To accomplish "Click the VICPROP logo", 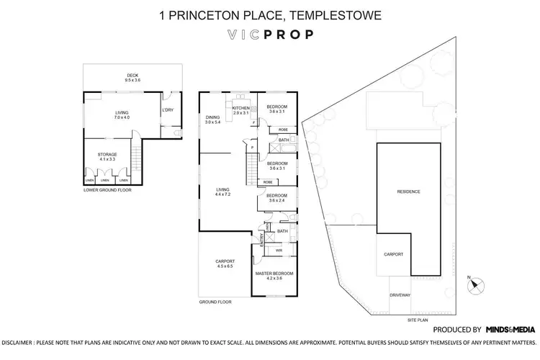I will point(270,33).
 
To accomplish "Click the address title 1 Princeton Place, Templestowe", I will point(270,14).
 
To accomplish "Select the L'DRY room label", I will point(168,109).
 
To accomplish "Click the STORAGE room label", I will point(107,154).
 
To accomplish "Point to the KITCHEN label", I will point(240,107).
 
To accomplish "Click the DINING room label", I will point(212,117).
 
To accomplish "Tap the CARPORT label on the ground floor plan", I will point(225,261).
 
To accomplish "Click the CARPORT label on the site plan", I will point(393,254).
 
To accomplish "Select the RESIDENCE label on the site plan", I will point(408,192).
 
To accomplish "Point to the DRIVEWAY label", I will point(400,295).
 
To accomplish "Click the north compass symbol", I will point(473,284).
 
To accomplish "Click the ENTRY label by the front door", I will point(261,235).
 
